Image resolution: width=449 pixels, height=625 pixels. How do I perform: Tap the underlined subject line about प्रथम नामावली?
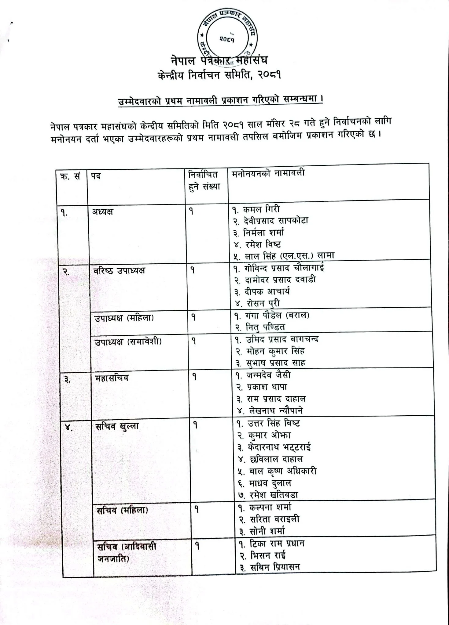point(221,101)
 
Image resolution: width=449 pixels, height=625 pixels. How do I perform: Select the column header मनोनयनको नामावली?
point(268,173)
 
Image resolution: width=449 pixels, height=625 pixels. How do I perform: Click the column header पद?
point(96,176)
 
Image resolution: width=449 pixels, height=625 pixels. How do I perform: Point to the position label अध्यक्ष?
point(103,211)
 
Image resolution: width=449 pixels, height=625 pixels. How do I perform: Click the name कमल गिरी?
point(261,209)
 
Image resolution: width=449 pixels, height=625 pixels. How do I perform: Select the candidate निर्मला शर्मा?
point(264,233)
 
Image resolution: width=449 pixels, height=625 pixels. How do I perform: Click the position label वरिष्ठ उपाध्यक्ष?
point(120,270)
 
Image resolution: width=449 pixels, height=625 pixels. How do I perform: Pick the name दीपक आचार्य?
point(267,291)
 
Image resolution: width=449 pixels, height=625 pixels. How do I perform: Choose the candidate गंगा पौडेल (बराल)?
point(277,315)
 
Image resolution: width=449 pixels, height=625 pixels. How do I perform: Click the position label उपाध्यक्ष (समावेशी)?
point(128,341)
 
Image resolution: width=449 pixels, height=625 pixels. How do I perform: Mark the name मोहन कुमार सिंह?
point(275,351)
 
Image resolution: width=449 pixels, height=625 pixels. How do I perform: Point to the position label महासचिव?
point(112,378)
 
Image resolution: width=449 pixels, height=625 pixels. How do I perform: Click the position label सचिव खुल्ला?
point(117,426)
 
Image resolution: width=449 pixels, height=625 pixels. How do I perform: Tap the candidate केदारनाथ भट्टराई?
point(279,447)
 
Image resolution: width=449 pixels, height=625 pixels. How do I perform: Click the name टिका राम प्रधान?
point(277,544)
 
